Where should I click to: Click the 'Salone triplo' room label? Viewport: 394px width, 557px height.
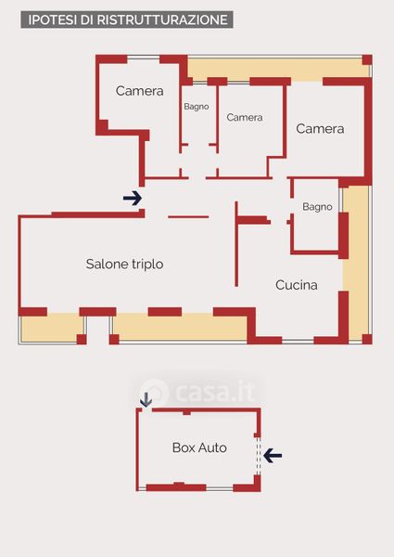[124, 265]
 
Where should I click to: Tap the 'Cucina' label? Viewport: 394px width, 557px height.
[296, 285]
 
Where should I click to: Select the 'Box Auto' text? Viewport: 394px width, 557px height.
[199, 447]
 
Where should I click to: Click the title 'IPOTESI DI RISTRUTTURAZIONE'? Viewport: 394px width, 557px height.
[128, 19]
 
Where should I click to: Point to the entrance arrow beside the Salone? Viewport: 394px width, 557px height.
[133, 198]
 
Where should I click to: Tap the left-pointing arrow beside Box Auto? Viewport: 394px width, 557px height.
[273, 456]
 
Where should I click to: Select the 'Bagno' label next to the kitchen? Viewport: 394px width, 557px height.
[317, 207]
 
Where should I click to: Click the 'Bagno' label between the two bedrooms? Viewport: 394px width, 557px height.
[197, 106]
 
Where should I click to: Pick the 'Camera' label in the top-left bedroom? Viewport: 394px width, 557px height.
[139, 91]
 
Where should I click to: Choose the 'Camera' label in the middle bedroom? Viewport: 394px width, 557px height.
[245, 118]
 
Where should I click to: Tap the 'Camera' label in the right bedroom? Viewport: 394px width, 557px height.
[320, 129]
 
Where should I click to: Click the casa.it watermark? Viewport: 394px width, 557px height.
[197, 392]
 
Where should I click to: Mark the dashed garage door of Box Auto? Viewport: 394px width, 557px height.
[258, 456]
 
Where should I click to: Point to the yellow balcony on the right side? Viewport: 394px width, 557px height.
[356, 263]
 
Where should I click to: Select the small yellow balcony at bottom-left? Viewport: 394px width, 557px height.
[52, 329]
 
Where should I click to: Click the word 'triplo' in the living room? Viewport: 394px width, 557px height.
[147, 265]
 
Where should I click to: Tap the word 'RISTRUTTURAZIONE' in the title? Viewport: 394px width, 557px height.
[162, 19]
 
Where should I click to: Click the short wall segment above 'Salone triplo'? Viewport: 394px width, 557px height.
[188, 216]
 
